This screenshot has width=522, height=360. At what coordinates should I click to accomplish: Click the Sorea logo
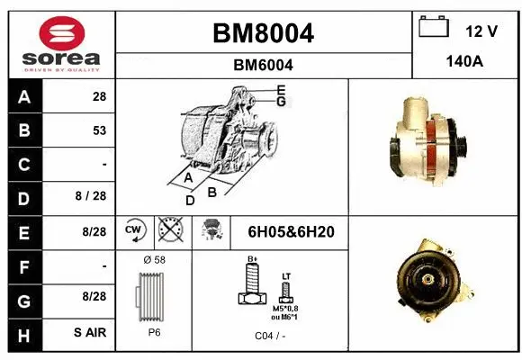[x=60, y=43]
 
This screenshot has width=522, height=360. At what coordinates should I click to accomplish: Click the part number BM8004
[x=263, y=34]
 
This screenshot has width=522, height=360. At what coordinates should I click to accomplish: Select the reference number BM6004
[x=263, y=65]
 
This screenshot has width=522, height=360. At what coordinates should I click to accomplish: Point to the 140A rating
[x=465, y=62]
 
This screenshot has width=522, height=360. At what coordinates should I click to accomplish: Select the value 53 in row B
[x=99, y=130]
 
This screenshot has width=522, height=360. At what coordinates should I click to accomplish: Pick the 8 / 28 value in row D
[x=94, y=196]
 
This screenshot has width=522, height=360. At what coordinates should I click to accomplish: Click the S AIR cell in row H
[x=91, y=332]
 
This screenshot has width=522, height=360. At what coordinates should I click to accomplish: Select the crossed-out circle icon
[x=168, y=231]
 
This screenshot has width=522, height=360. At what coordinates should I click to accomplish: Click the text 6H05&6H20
[x=291, y=232]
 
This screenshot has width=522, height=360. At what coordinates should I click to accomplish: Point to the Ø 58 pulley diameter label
[x=154, y=260]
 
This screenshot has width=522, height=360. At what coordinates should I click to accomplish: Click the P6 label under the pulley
[x=154, y=332]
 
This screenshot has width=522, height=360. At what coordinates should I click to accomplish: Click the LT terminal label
[x=286, y=275]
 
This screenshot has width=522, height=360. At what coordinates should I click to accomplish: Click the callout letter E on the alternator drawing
[x=282, y=89]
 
